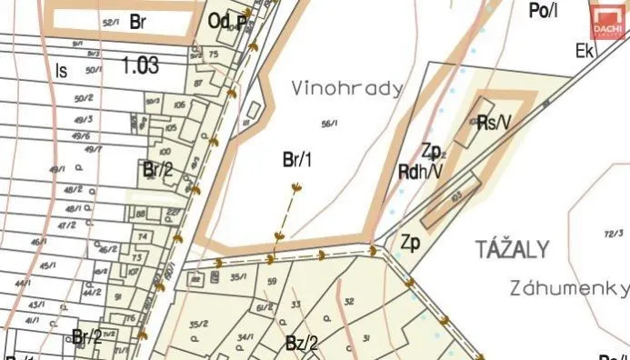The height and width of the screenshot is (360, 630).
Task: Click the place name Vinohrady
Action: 334,89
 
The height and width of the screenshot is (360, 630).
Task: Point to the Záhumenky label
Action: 571,288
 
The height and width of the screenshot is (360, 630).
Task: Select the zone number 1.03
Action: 139,65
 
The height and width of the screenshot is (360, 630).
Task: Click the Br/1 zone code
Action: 297,161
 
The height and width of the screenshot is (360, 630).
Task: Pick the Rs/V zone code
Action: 494,122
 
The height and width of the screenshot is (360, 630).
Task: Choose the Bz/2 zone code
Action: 301,343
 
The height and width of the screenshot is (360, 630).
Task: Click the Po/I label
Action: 542,11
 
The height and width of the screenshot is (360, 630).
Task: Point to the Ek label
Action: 584,52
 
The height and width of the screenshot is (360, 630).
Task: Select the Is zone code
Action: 61,69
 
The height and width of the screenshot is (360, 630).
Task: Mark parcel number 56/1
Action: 329,123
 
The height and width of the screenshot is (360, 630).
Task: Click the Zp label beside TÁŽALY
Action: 410,243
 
